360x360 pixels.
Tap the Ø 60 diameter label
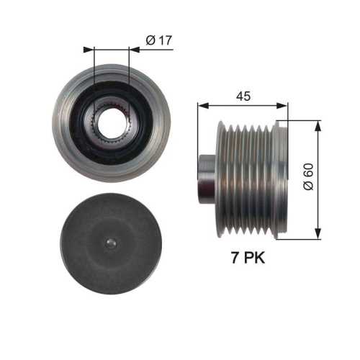click(307, 174)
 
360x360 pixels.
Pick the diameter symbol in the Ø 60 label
click(307, 185)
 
